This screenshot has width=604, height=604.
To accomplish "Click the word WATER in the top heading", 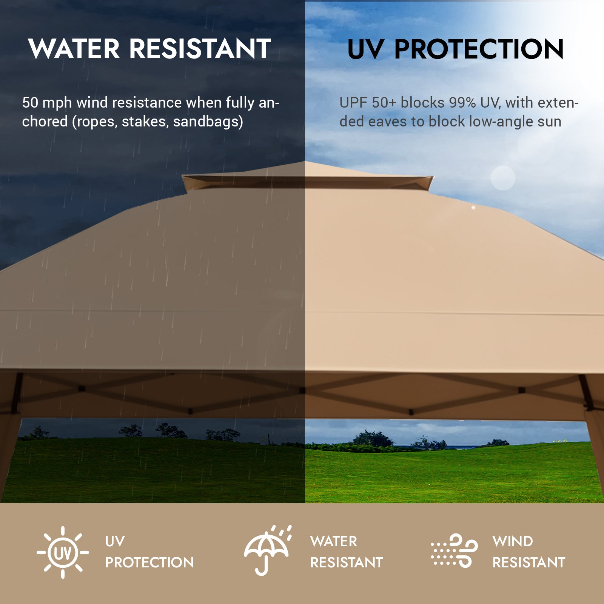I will pyautogui.click(x=74, y=49).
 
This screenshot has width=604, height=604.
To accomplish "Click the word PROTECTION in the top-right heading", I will pyautogui.click(x=479, y=49).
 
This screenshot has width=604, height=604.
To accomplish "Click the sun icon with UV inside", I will pyautogui.click(x=63, y=552).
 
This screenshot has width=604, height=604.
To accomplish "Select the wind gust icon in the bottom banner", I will pyautogui.click(x=454, y=551).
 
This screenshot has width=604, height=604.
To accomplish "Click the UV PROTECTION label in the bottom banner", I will pyautogui.click(x=149, y=552).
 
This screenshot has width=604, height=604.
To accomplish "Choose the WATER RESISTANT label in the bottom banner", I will pyautogui.click(x=346, y=552).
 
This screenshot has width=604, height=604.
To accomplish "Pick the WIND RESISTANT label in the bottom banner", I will pyautogui.click(x=528, y=552).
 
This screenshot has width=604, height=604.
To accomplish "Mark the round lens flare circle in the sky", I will pyautogui.click(x=503, y=178).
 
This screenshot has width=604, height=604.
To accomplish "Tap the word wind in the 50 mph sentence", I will pyautogui.click(x=91, y=103).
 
